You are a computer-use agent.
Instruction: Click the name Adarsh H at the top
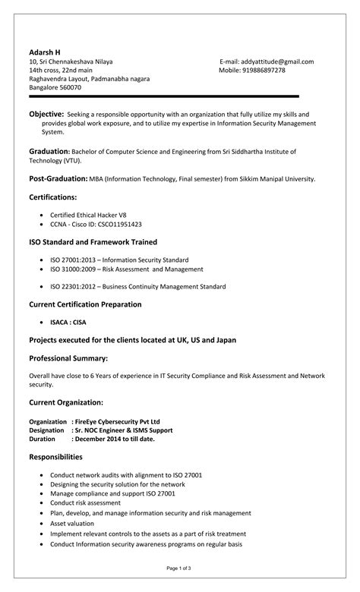[x=45, y=52]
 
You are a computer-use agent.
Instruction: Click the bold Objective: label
[x=46, y=113]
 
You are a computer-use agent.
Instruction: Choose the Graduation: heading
[x=49, y=152]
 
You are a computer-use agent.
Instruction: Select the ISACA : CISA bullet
[x=68, y=322]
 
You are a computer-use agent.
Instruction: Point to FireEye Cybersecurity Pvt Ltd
[x=117, y=421]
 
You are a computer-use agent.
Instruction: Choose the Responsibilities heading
[x=55, y=457]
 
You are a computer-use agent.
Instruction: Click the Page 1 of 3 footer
[x=180, y=568]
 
